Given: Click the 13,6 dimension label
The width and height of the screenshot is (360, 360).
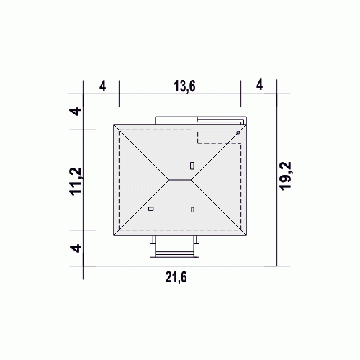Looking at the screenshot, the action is click(x=184, y=86).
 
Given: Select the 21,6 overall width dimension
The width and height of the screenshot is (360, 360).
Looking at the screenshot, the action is click(x=176, y=278).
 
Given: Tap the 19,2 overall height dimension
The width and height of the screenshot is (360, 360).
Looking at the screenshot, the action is click(x=285, y=176).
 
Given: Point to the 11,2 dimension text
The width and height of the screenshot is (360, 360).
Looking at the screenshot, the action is click(x=76, y=181).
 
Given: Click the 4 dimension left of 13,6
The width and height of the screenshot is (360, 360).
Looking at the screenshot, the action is click(x=102, y=86).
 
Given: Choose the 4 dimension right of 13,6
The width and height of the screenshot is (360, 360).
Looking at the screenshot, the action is click(x=260, y=85).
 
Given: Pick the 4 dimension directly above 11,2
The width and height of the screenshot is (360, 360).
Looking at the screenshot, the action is click(x=76, y=112).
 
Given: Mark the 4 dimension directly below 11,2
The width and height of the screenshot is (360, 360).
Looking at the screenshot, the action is click(x=76, y=248).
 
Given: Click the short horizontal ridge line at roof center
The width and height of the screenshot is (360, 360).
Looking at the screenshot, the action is click(x=180, y=179).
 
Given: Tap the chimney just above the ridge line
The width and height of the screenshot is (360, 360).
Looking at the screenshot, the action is click(x=192, y=166).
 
